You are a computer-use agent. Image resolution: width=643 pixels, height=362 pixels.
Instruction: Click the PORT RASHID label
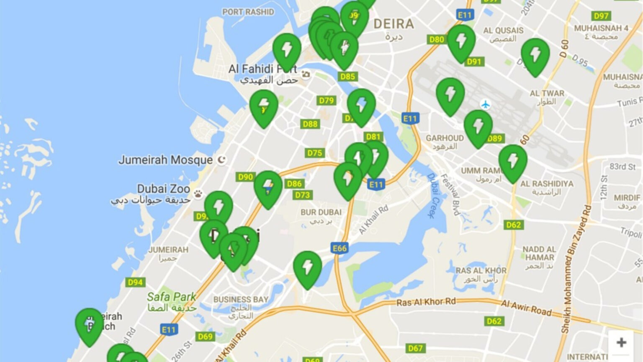coord(248,12)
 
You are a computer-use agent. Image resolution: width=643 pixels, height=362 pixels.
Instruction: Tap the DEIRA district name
coord(394,24)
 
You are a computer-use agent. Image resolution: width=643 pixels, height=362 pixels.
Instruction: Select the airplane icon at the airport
coord(486,104)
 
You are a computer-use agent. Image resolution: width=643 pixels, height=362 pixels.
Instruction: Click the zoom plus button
coord(621,342)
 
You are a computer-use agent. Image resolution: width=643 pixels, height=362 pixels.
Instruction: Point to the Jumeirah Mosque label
coord(165,160)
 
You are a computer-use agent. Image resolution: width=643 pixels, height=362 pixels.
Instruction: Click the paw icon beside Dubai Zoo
coord(198,194)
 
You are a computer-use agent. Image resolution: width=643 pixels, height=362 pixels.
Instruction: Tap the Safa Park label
coord(171,297)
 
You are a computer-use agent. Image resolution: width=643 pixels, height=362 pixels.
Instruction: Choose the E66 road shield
coord(340,248)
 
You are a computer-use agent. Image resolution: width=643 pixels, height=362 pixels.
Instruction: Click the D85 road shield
coord(347,76)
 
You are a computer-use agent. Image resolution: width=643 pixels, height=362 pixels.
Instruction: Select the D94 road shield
coord(135,282)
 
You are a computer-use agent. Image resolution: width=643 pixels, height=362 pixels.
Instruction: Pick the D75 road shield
coord(315,153)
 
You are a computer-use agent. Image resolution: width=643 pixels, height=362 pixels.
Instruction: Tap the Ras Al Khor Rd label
coord(426,302)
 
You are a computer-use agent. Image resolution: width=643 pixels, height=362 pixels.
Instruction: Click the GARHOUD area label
coord(445,138)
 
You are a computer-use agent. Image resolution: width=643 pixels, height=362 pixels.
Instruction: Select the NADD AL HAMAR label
coord(540,253)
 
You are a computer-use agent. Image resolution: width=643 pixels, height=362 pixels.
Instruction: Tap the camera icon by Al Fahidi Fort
coord(306,74)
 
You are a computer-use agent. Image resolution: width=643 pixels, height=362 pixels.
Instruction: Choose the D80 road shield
coord(437,39)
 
